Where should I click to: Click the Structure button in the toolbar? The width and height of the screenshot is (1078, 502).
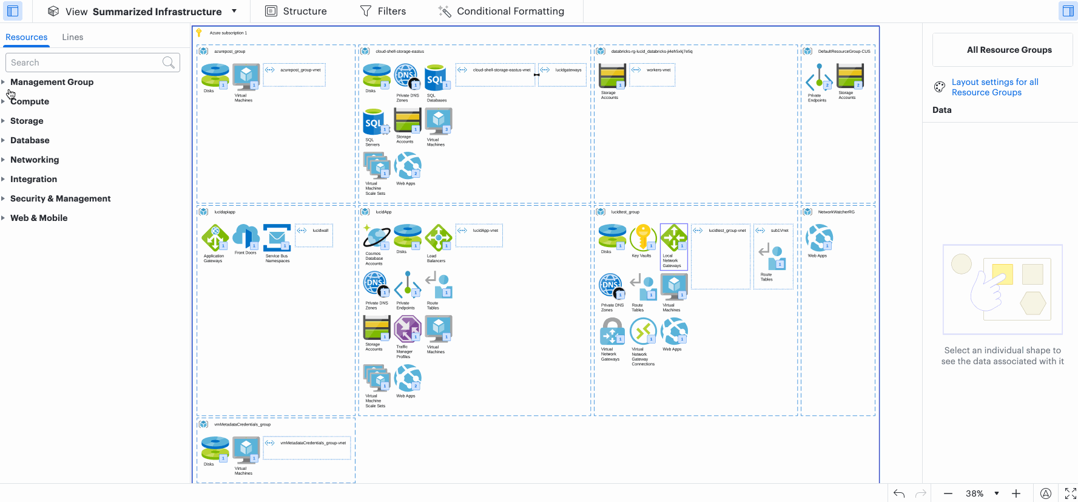(297, 12)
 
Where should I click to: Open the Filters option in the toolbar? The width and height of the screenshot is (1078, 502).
(383, 12)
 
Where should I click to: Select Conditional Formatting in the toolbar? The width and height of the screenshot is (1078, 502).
(501, 12)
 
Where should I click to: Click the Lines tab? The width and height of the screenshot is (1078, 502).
(73, 37)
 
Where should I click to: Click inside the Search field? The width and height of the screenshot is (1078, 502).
(85, 63)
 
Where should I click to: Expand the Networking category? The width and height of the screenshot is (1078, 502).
(35, 160)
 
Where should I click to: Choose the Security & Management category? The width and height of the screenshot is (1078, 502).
(60, 198)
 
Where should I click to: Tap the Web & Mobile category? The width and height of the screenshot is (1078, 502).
(39, 218)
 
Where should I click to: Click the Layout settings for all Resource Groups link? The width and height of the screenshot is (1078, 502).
(995, 87)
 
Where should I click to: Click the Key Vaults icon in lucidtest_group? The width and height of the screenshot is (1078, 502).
(642, 237)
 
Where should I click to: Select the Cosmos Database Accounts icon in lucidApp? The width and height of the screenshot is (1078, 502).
(376, 237)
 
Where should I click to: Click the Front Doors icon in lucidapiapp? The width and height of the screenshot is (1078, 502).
(246, 237)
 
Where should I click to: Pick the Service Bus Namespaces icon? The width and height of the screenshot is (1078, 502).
(277, 237)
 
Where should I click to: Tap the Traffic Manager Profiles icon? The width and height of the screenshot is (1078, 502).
(407, 329)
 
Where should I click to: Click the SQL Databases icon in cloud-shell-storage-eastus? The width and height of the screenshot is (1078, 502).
(436, 78)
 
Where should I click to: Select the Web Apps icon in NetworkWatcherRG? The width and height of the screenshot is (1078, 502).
(819, 237)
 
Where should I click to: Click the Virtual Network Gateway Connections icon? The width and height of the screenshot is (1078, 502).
(643, 331)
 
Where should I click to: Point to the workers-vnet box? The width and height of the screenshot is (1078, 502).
(653, 75)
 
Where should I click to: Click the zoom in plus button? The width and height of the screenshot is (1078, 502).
(1016, 494)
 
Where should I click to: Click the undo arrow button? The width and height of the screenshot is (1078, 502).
(899, 494)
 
